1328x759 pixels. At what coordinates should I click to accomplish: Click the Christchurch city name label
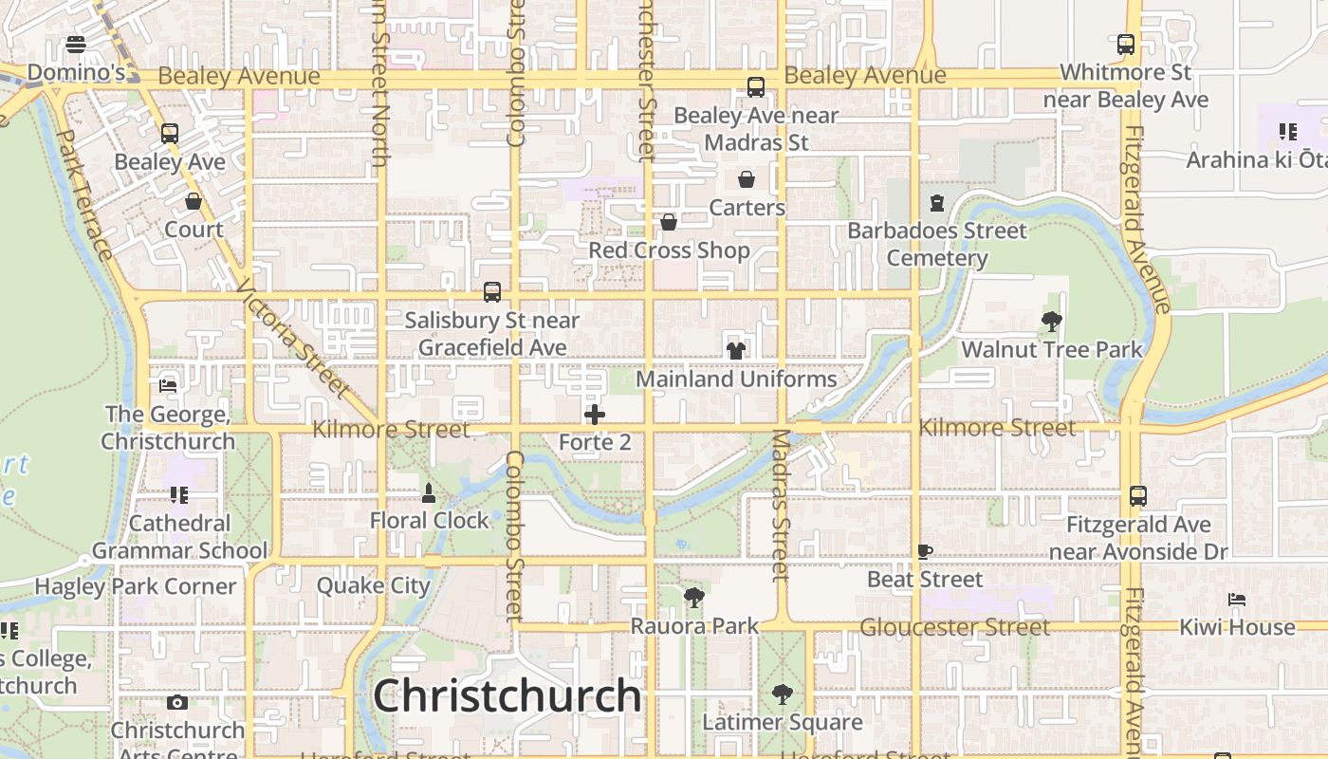[507, 695]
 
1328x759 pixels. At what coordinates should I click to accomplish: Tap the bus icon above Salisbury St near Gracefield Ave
[492, 292]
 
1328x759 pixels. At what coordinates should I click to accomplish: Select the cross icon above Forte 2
[595, 415]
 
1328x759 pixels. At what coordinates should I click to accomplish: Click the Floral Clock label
[430, 520]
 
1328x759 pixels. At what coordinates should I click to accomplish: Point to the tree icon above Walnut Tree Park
[1052, 322]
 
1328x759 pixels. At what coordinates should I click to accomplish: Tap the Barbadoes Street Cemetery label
[937, 244]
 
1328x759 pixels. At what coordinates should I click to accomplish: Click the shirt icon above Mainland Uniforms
[735, 350]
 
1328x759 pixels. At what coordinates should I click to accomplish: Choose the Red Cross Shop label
[670, 250]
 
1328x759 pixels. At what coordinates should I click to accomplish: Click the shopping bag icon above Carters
[747, 179]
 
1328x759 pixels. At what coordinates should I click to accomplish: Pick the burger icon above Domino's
[76, 45]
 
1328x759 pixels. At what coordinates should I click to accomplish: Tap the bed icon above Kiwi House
[1237, 600]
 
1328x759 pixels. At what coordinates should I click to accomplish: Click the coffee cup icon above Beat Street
[925, 551]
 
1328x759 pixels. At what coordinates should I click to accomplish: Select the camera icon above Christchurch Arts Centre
[177, 703]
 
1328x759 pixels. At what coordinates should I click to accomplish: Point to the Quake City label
[374, 585]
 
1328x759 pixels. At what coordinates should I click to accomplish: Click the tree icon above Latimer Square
[783, 694]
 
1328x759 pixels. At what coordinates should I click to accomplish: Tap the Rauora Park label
[695, 626]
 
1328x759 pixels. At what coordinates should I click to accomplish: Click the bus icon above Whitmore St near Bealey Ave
[1126, 45]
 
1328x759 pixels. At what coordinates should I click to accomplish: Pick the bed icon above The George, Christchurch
[168, 386]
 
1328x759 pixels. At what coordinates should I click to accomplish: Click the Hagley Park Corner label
[136, 586]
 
